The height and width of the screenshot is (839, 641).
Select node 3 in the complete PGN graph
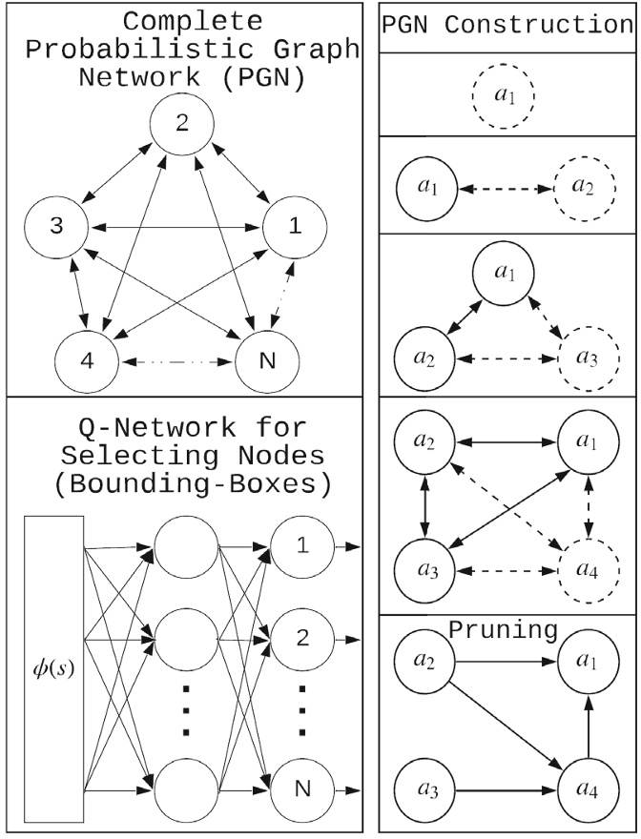pyautogui.click(x=57, y=228)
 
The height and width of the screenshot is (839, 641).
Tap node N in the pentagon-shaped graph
pyautogui.click(x=266, y=363)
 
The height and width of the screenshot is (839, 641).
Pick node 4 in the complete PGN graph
pyautogui.click(x=86, y=363)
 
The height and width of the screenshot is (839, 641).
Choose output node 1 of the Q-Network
pyautogui.click(x=301, y=547)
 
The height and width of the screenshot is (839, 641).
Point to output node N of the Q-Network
pyautogui.click(x=301, y=788)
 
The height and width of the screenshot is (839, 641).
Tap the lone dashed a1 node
pyautogui.click(x=503, y=96)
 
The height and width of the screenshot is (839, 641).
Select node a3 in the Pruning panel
pyautogui.click(x=425, y=789)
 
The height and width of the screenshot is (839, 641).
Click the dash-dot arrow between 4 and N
pyautogui.click(x=176, y=363)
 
